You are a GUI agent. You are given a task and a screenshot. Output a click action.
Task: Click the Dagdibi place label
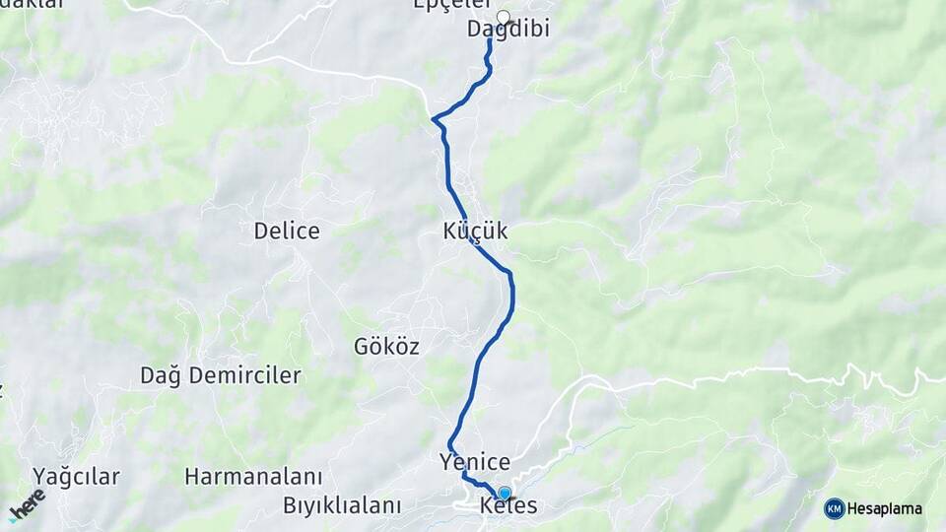pos(507,30)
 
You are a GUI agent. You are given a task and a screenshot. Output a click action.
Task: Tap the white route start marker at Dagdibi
pos(504,17)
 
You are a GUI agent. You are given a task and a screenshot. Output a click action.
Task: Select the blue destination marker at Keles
pos(505,493)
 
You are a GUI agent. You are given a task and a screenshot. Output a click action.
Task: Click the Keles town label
pos(508,506)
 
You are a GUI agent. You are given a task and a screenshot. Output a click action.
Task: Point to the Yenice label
pos(475,462)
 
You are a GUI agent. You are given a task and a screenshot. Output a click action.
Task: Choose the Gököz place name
pos(386,347)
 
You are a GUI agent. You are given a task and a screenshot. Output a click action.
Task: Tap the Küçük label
pos(475,232)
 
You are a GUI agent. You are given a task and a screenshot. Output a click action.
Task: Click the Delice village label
pos(287,232)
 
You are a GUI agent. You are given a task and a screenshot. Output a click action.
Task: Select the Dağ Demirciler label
pos(221,375)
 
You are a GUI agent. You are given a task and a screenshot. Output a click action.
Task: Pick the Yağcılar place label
pos(76,477)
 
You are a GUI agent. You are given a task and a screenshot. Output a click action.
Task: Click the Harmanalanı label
pos(253,477)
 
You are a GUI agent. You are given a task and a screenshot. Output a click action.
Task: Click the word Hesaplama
pos(885,508)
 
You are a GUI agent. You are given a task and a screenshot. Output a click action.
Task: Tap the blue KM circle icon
pos(835,508)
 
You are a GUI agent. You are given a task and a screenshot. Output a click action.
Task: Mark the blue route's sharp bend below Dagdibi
pos(435,119)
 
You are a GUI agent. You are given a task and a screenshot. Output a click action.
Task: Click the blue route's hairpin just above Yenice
pos(450,444)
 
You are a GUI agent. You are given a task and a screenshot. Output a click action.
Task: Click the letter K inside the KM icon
pos(831,508)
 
